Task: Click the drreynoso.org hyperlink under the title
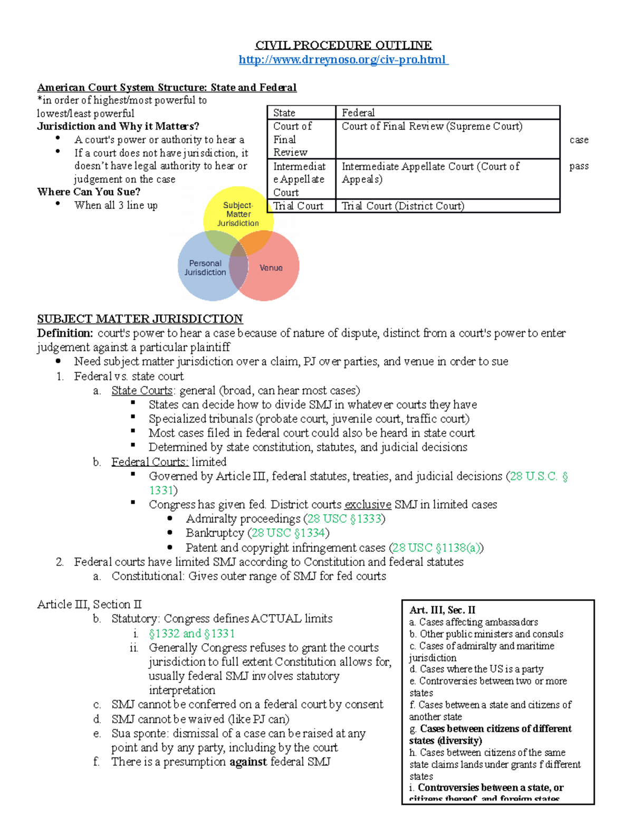(x=343, y=60)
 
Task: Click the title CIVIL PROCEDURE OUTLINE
(x=343, y=45)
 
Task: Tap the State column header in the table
(x=284, y=113)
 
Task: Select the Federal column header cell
(x=358, y=113)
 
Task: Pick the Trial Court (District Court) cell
(x=403, y=206)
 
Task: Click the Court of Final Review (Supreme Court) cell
(x=432, y=126)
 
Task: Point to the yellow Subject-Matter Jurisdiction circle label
(x=238, y=214)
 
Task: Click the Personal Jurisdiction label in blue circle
(x=205, y=268)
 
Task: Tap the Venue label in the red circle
(x=271, y=268)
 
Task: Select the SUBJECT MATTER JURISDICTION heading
(x=140, y=319)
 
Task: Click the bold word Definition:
(x=65, y=333)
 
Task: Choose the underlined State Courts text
(x=142, y=391)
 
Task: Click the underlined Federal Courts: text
(x=150, y=462)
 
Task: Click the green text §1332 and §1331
(x=192, y=634)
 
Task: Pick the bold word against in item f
(x=248, y=762)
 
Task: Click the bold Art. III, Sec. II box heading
(x=442, y=610)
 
